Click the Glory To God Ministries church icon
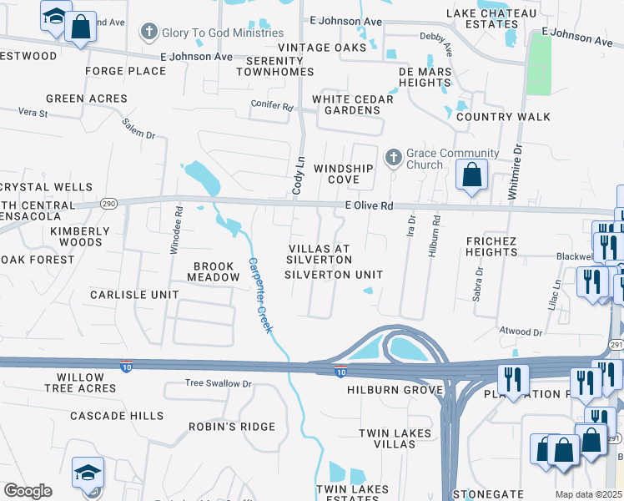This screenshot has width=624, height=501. click(x=148, y=33)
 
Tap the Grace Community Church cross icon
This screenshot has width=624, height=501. click(x=393, y=156)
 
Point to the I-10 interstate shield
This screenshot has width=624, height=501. click(x=340, y=372)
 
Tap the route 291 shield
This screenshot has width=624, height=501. click(x=616, y=321)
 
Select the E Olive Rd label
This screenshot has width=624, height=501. click(x=369, y=205)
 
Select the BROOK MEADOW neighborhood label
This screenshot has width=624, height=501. click(x=213, y=271)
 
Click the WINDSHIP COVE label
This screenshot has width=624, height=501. click(x=343, y=174)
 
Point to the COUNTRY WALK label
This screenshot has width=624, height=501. click(x=503, y=117)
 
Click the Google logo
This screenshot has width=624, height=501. click(x=28, y=490)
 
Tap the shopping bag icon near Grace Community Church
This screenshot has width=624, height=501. click(x=472, y=176)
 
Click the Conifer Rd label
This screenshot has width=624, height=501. click(x=272, y=107)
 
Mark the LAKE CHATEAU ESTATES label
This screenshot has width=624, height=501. click(x=493, y=18)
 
